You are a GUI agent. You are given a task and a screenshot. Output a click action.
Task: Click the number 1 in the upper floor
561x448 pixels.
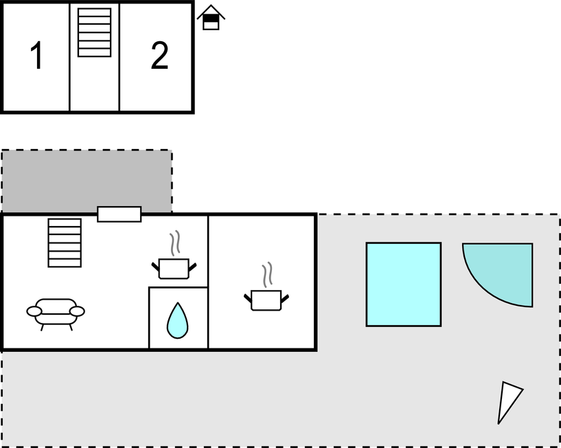(x=37, y=56)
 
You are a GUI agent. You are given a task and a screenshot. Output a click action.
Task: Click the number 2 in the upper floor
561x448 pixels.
(x=159, y=56)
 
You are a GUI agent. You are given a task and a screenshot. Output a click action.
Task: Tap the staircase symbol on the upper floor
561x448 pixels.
(x=94, y=32)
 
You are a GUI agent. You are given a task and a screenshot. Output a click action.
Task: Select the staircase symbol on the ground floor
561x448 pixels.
(x=65, y=243)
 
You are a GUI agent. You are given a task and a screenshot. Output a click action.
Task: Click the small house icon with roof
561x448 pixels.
(x=211, y=18)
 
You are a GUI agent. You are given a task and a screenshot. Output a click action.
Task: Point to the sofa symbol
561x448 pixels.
(x=56, y=313)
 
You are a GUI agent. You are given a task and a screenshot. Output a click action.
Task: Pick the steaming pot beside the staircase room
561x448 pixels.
(x=174, y=267)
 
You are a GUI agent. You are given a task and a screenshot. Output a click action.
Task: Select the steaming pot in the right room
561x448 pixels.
(x=266, y=299)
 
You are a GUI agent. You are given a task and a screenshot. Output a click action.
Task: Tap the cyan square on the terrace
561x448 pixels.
(x=403, y=284)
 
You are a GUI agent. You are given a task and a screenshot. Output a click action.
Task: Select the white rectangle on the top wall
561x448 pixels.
(x=119, y=214)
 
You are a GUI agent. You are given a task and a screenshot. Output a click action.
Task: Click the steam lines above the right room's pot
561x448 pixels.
(x=267, y=274)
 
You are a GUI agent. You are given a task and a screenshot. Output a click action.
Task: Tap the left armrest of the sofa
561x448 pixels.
(x=34, y=311)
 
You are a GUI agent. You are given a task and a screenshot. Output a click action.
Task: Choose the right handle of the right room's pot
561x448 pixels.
(x=284, y=298)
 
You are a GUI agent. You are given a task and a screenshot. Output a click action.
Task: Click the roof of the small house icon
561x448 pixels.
(x=211, y=11)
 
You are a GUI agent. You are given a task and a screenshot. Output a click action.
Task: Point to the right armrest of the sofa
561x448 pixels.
(x=77, y=311)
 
